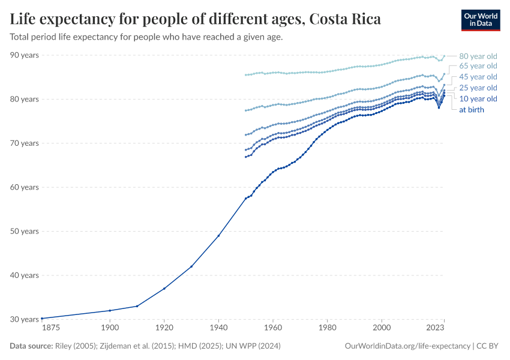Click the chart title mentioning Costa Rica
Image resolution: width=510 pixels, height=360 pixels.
tap(195, 19)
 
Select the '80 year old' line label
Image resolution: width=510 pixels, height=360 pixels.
tap(478, 55)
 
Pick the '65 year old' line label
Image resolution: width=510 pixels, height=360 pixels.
tap(478, 66)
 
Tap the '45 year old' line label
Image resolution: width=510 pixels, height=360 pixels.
tap(478, 77)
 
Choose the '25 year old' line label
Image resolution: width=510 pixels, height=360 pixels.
tap(478, 88)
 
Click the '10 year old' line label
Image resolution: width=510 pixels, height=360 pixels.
tap(478, 98)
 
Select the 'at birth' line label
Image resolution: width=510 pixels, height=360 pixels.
tap(472, 110)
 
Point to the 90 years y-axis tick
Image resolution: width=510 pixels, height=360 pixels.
tap(25, 55)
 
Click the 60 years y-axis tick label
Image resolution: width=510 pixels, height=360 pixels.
tap(25, 187)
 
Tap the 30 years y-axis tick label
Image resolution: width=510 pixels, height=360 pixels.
tap(25, 319)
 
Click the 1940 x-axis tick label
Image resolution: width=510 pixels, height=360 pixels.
tap(218, 328)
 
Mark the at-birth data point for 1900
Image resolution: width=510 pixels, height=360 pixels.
tap(110, 310)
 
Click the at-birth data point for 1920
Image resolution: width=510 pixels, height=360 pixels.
tap(164, 289)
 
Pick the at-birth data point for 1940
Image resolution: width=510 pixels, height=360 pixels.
tap(218, 236)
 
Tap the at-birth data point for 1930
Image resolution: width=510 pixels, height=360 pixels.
tap(191, 266)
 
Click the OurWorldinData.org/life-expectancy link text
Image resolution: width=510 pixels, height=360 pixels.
tap(407, 346)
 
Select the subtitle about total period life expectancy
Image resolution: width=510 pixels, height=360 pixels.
tap(146, 37)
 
